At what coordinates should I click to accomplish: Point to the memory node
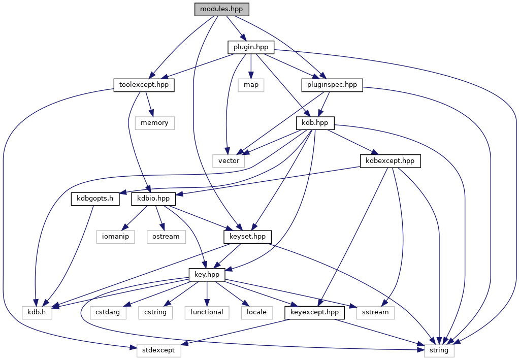154,123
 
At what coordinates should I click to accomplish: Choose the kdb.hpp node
315,123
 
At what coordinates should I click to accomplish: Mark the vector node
229,160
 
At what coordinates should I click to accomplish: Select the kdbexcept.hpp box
391,160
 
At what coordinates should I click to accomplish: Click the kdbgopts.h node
95,199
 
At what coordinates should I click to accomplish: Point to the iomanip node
115,236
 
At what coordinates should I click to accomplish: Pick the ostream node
166,236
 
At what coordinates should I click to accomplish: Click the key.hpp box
207,274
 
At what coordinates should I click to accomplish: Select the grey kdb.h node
37,312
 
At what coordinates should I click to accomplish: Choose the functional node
207,312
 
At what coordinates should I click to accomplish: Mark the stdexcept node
159,350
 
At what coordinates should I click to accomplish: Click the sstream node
376,312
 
